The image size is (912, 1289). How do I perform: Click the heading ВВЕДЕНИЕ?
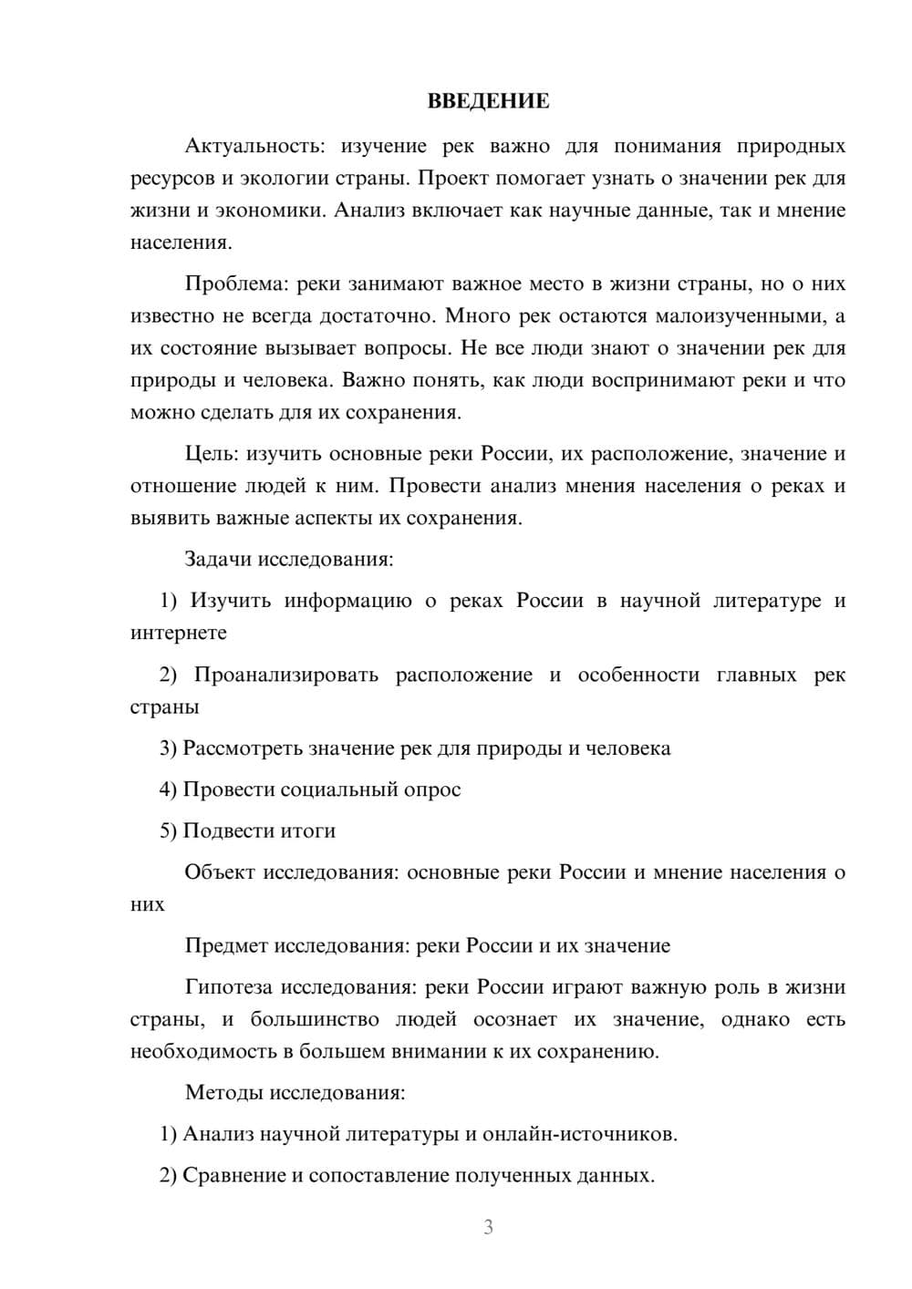[x=488, y=101]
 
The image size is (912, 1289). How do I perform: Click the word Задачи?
[x=218, y=559]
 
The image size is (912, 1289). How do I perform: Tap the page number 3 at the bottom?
[x=488, y=1227]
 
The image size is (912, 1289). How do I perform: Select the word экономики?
[x=269, y=211]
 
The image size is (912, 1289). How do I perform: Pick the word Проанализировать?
[x=286, y=675]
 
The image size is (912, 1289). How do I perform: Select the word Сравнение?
[x=233, y=1175]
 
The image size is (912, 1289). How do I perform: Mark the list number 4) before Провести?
[x=168, y=789]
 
